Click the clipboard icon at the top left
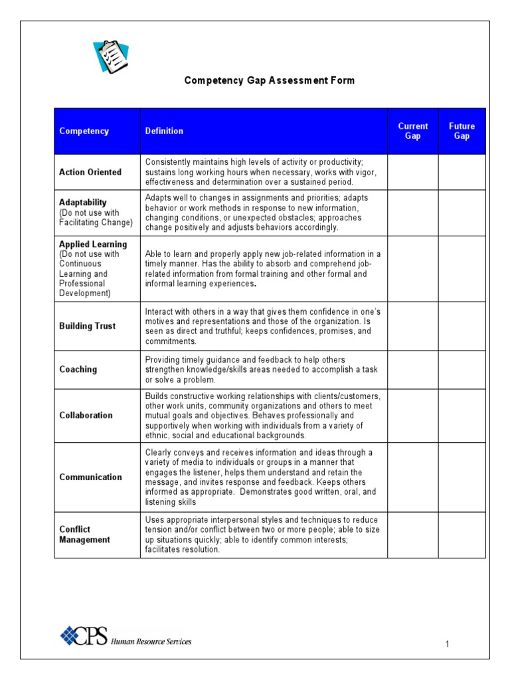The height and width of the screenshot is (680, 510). pyautogui.click(x=110, y=57)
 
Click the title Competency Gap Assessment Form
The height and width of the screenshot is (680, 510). pyautogui.click(x=269, y=80)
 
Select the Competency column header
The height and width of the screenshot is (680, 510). pyautogui.click(x=84, y=131)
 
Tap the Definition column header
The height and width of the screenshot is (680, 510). pyautogui.click(x=164, y=131)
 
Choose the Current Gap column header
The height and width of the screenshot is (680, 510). pyautogui.click(x=412, y=131)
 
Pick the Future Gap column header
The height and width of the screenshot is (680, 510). pyautogui.click(x=462, y=131)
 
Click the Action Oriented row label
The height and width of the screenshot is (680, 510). pyautogui.click(x=90, y=172)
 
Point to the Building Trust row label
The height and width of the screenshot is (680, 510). pyautogui.click(x=87, y=326)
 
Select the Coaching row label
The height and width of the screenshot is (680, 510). pyautogui.click(x=78, y=369)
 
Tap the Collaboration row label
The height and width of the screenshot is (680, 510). pyautogui.click(x=86, y=415)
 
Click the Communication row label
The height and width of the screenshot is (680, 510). pyautogui.click(x=90, y=477)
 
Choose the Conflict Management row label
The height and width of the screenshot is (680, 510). pyautogui.click(x=84, y=535)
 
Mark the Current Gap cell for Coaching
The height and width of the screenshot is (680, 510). pyautogui.click(x=412, y=369)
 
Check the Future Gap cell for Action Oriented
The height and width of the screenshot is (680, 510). pyautogui.click(x=462, y=172)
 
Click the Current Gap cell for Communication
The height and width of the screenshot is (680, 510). pyautogui.click(x=412, y=477)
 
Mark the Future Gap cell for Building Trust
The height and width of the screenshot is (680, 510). pyautogui.click(x=462, y=326)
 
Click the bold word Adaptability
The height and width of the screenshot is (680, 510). pyautogui.click(x=82, y=202)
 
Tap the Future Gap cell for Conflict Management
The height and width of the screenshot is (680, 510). pyautogui.click(x=462, y=535)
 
